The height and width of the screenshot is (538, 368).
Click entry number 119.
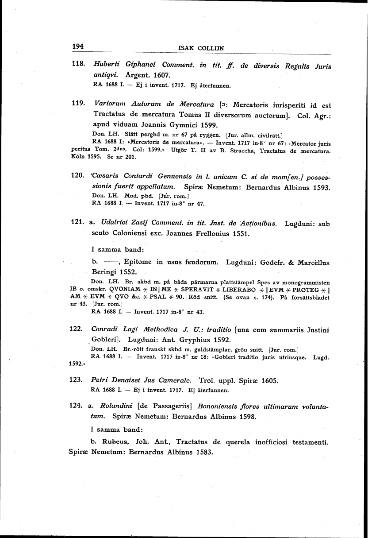tap(78, 104)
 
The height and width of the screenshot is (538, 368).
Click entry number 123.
tap(78, 380)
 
